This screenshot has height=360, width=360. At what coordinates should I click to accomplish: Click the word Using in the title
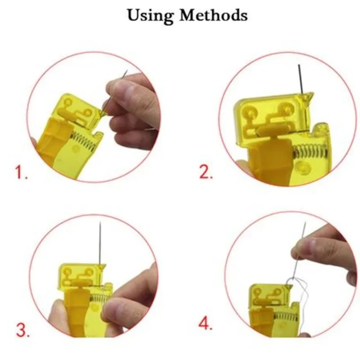151,15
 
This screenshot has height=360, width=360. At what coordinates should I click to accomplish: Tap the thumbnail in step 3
118,310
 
